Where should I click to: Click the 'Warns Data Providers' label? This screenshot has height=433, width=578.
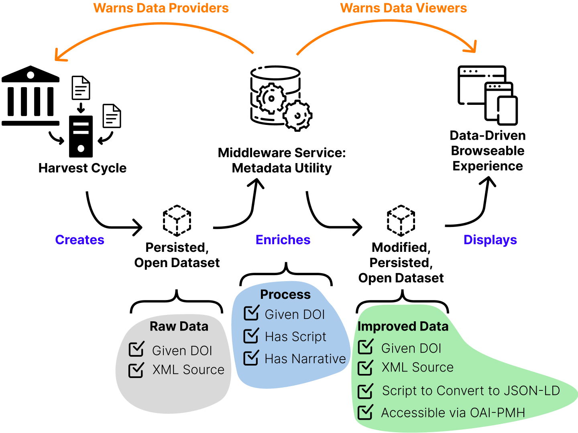pyautogui.click(x=161, y=8)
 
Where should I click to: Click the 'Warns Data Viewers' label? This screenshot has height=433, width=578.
pyautogui.click(x=403, y=8)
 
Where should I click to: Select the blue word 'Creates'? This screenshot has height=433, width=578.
pyautogui.click(x=79, y=240)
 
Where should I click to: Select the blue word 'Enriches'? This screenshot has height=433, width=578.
pyautogui.click(x=283, y=240)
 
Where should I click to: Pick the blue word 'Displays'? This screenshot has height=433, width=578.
pyautogui.click(x=490, y=240)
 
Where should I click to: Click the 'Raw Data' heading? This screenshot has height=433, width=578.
pyautogui.click(x=179, y=327)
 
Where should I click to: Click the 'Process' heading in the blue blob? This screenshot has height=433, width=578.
pyautogui.click(x=285, y=294)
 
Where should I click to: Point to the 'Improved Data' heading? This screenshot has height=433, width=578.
pyautogui.click(x=403, y=327)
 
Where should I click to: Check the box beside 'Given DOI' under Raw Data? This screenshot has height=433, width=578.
pyautogui.click(x=136, y=349)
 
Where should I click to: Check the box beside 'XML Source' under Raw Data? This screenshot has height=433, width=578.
pyautogui.click(x=136, y=370)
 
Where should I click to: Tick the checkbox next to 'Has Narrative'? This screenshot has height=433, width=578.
pyautogui.click(x=251, y=358)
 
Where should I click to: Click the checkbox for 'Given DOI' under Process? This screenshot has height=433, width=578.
pyautogui.click(x=251, y=313)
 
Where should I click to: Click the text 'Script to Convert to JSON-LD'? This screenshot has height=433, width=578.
pyautogui.click(x=471, y=390)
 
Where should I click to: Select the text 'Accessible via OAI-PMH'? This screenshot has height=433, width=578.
pyautogui.click(x=453, y=413)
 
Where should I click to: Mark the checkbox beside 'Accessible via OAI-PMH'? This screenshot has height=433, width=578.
pyautogui.click(x=365, y=413)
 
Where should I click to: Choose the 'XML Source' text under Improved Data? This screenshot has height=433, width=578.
pyautogui.click(x=417, y=367)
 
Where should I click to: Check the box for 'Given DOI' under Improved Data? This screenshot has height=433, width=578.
pyautogui.click(x=365, y=347)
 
